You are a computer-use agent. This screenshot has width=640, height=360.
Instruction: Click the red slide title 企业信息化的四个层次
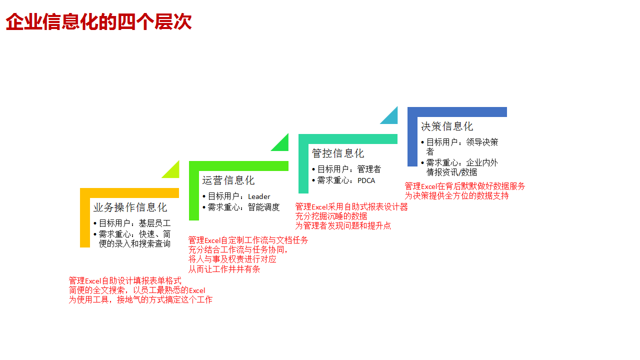98,21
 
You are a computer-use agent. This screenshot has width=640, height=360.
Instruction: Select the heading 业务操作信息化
130,207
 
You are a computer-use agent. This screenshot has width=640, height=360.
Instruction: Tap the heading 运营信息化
228,180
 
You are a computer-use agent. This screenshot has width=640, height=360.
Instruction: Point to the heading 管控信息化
337,153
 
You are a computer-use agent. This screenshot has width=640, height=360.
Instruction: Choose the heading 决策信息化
447,126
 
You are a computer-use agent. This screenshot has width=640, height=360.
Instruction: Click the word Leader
259,196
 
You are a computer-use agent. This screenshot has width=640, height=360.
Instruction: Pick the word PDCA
366,180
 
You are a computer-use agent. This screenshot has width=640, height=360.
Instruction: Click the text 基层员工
154,223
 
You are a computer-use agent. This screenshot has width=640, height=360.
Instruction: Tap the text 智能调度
263,207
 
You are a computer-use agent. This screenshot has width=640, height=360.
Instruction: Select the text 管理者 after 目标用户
369,169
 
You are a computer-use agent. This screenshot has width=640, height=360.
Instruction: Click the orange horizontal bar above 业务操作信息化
129,193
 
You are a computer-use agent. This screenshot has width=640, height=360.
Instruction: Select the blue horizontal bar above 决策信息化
457,112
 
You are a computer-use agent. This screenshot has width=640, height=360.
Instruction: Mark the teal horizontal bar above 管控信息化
348,139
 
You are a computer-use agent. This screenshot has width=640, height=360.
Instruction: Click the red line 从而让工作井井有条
224,269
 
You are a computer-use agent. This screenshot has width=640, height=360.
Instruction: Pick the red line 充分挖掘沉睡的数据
331,216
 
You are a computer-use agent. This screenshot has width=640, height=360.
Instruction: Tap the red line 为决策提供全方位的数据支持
456,195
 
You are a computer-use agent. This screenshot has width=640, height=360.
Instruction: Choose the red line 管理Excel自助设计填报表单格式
125,280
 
